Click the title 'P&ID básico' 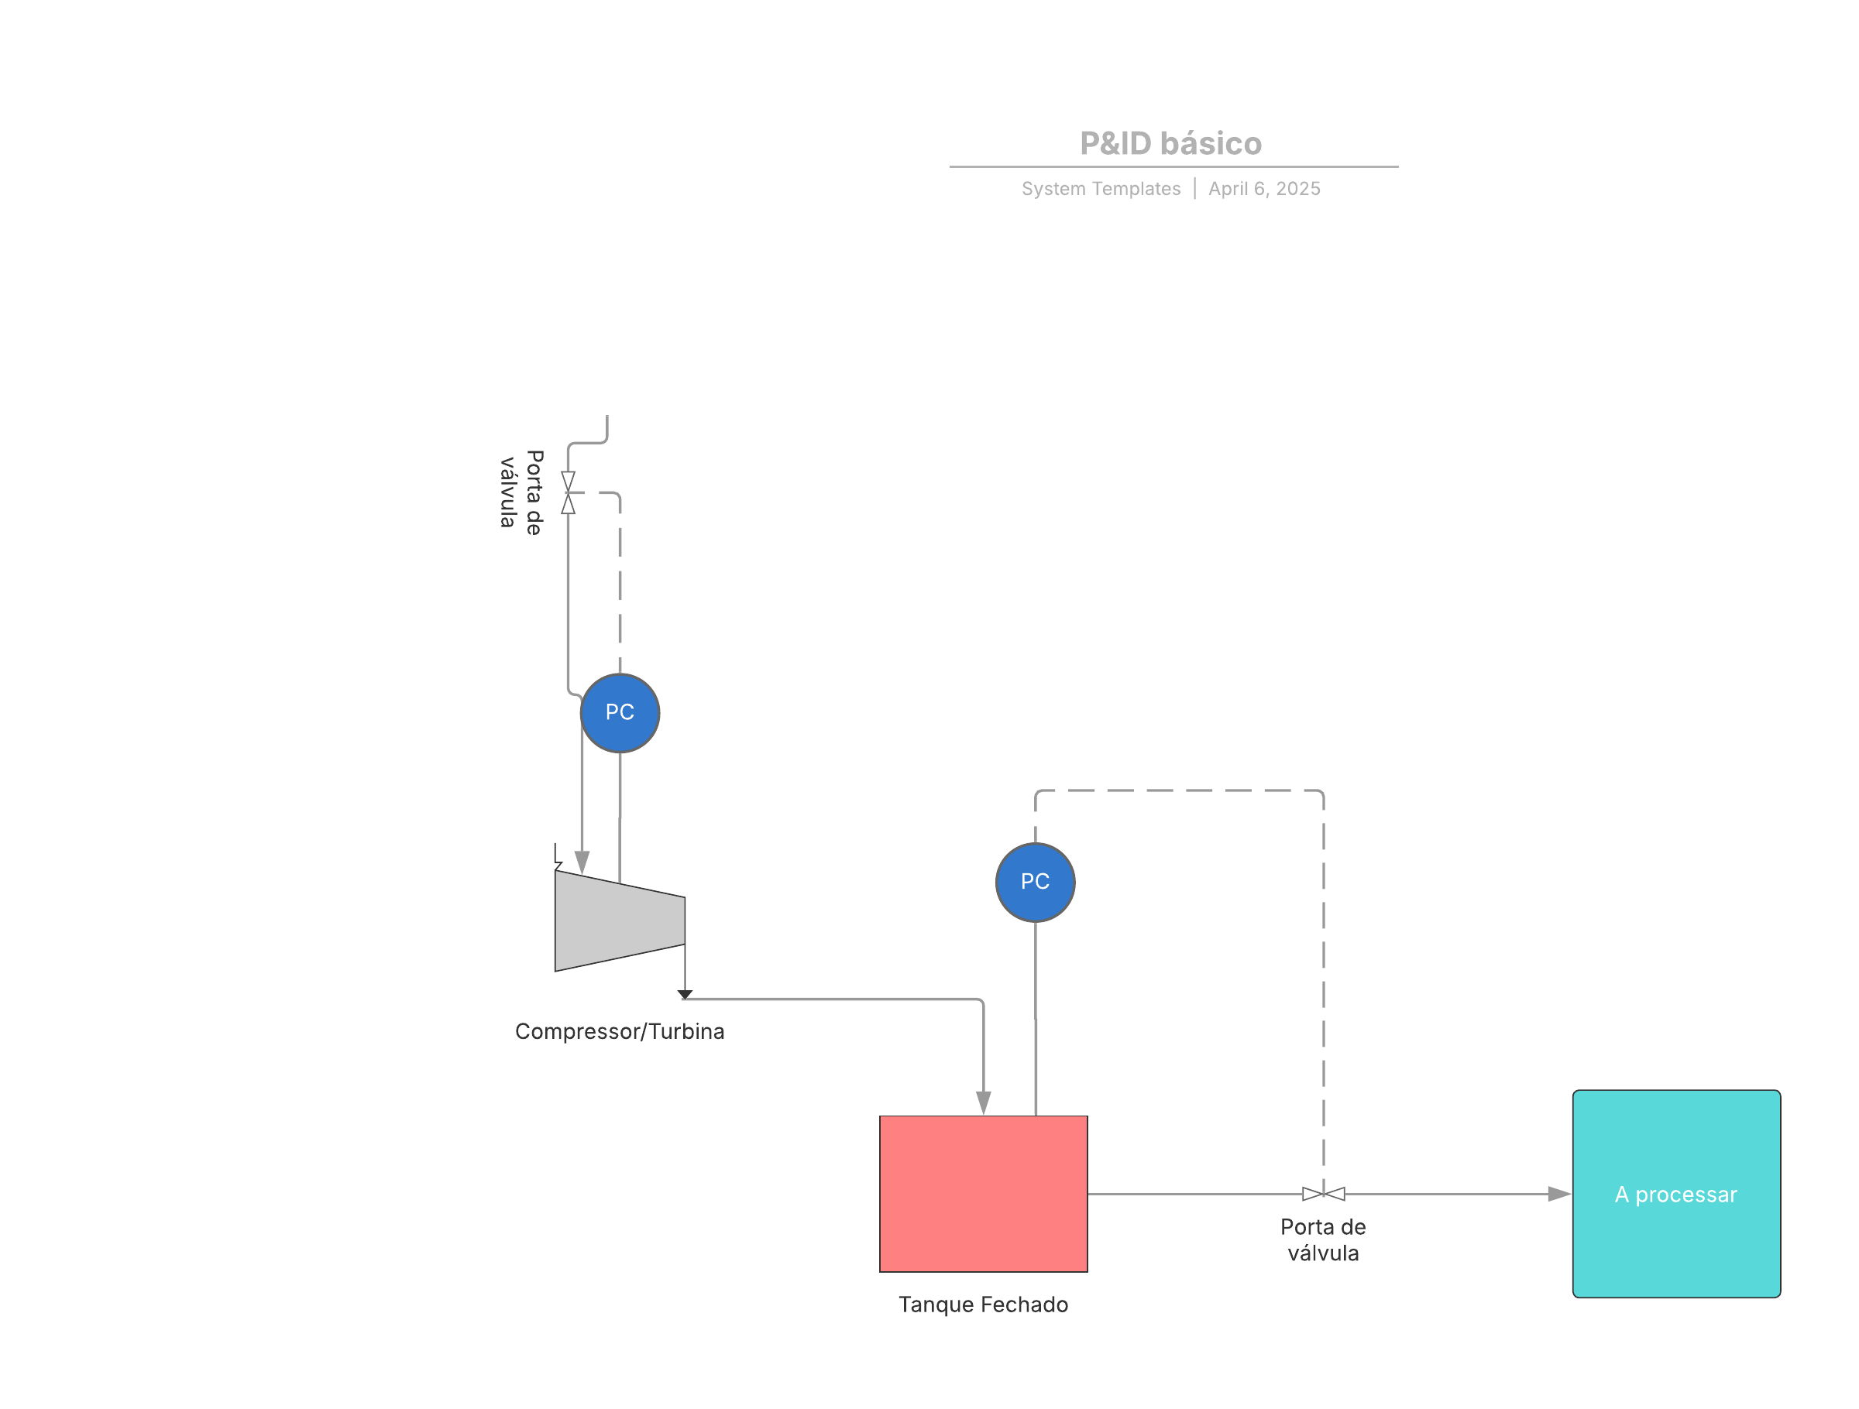tap(1170, 144)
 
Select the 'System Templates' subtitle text tap(1101, 189)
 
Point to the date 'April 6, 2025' tap(1264, 189)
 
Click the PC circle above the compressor tap(620, 713)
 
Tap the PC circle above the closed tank tap(1036, 883)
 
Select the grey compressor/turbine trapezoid tap(620, 920)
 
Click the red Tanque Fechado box tap(983, 1194)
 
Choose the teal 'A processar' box tap(1677, 1194)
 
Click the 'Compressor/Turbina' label tap(620, 1032)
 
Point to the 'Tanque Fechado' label tap(983, 1304)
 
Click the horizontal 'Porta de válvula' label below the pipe tap(1324, 1240)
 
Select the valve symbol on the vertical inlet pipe tap(568, 492)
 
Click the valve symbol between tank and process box tap(1324, 1194)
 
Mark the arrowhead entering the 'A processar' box tap(1560, 1194)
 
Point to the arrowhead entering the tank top tap(983, 1103)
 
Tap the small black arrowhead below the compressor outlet tap(685, 995)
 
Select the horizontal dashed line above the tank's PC tap(1179, 790)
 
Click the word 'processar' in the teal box tap(1685, 1195)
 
